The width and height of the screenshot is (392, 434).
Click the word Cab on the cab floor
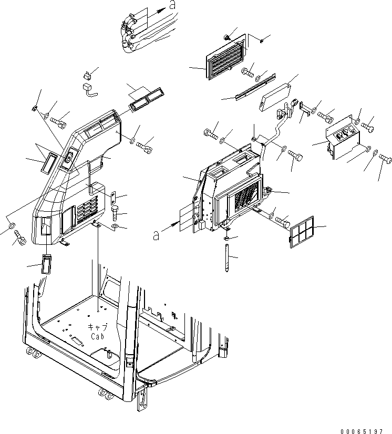tap(99, 336)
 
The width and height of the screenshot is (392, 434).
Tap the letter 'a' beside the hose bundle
tap(172, 6)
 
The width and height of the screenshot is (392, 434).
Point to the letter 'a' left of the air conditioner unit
tap(156, 236)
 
